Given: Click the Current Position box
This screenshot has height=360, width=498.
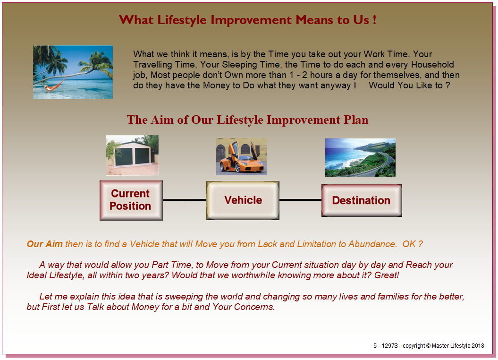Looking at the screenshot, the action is tap(131, 200).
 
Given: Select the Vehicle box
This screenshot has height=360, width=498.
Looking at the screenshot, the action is tap(243, 200).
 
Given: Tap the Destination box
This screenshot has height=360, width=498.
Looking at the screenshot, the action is tap(362, 200).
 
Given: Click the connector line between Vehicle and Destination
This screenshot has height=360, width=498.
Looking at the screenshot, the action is tap(300, 200).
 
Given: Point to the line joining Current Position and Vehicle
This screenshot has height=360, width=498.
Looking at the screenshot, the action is tap(185, 200).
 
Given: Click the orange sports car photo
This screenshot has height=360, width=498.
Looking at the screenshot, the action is tap(241, 156).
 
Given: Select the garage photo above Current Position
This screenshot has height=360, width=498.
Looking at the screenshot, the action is tap(133, 155).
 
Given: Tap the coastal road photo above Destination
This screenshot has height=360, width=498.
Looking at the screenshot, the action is tap(361, 157).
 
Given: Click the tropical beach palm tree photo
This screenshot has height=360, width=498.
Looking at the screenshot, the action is tap(73, 72).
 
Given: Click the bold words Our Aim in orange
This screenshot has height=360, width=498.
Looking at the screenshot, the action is tap(45, 244).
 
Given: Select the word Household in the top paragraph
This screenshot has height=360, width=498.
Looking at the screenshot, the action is tap(432, 65).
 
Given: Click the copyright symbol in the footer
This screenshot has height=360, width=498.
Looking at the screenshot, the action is tap(428, 346).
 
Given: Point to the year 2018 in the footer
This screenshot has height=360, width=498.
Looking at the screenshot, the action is tap(478, 346).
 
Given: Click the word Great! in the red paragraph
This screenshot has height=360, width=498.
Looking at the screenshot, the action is tap(387, 275).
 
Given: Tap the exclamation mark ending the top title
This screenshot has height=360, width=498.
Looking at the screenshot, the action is tap(375, 20).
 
